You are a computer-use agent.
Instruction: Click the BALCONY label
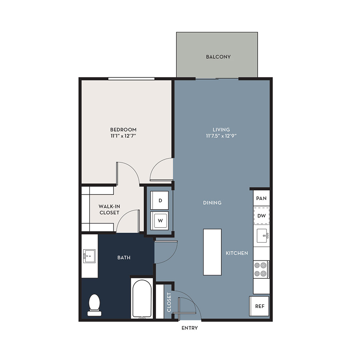click(218, 57)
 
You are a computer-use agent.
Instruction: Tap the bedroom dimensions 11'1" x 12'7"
click(123, 136)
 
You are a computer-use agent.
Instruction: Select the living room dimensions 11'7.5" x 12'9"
click(221, 136)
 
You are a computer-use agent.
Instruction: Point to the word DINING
click(212, 203)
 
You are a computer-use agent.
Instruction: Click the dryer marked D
click(160, 200)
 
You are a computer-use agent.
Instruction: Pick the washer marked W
click(160, 221)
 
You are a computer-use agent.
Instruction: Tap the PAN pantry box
click(261, 198)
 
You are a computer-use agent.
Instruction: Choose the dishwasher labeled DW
click(262, 216)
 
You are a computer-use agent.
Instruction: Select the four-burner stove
click(261, 270)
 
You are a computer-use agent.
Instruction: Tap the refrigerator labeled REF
click(259, 306)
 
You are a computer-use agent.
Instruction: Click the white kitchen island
click(212, 252)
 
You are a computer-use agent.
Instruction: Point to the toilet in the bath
click(94, 305)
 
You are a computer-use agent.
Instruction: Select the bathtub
click(142, 298)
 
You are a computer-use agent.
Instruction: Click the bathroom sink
click(89, 256)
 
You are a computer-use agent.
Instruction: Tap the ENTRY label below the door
click(190, 328)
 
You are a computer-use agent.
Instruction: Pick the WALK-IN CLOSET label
click(109, 209)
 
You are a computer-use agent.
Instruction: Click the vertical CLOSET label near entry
click(169, 302)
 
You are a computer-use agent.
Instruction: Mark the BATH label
click(124, 258)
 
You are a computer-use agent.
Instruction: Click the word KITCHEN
click(237, 253)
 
